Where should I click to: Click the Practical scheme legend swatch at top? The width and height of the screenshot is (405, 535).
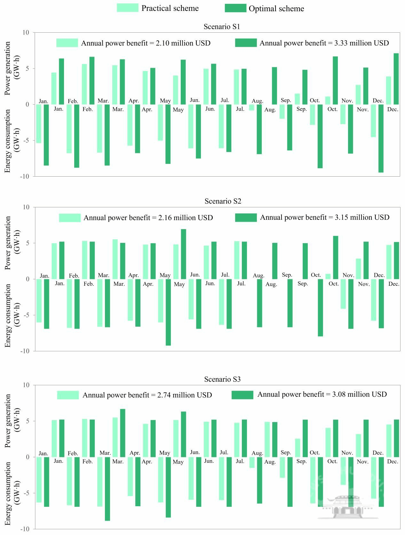pyautogui.click(x=127, y=8)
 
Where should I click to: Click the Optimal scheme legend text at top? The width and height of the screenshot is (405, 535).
pyautogui.click(x=276, y=9)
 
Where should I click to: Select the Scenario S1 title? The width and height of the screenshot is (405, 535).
pyautogui.click(x=222, y=27)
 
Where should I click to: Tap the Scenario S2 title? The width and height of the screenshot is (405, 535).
pyautogui.click(x=223, y=201)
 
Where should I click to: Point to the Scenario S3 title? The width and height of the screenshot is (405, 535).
pyautogui.click(x=222, y=379)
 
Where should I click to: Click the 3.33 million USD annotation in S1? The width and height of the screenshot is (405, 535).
pyautogui.click(x=324, y=43)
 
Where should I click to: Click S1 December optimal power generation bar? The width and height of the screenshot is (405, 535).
pyautogui.click(x=396, y=79)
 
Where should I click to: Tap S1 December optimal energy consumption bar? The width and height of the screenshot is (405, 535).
pyautogui.click(x=381, y=138)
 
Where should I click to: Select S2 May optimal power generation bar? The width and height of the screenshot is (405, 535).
pyautogui.click(x=183, y=254)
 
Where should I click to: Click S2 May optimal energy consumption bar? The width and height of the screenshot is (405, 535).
pyautogui.click(x=168, y=312)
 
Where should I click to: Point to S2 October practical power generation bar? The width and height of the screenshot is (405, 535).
pyautogui.click(x=328, y=276)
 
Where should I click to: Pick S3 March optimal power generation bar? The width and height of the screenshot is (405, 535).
pyautogui.click(x=123, y=433)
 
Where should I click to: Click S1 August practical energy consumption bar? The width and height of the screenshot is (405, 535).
pyautogui.click(x=252, y=108)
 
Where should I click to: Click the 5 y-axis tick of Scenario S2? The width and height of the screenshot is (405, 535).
pyautogui.click(x=27, y=243)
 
